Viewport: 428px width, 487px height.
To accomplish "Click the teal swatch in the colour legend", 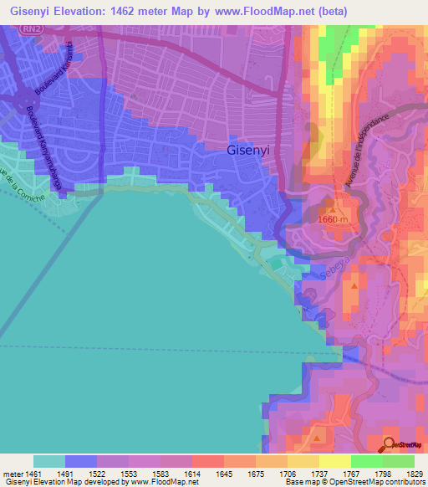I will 49,461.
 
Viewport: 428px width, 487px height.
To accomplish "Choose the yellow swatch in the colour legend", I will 334,461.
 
